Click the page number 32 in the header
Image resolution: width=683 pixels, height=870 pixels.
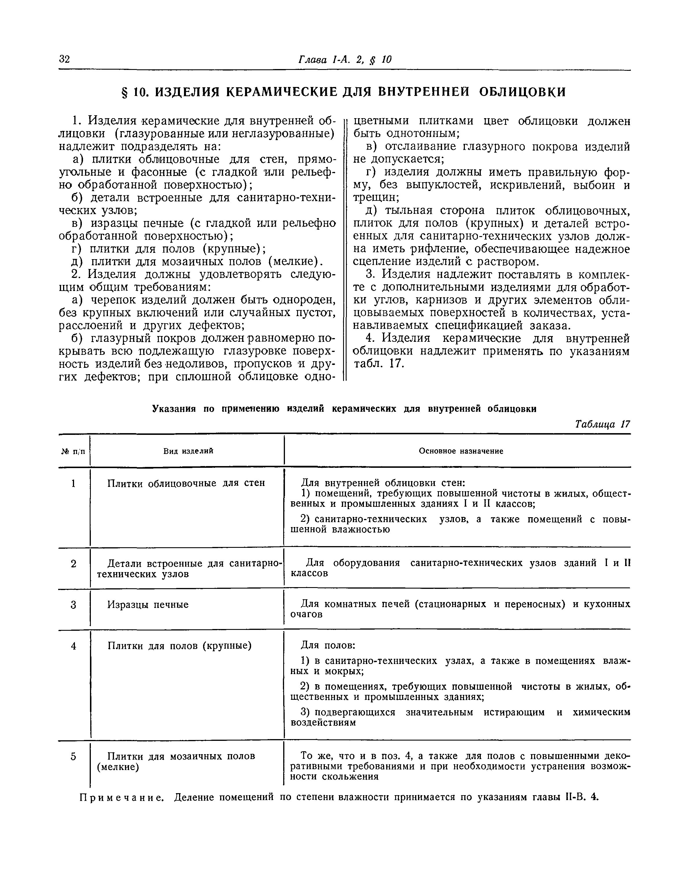(65, 60)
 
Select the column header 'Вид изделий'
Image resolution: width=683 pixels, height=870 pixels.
(188, 451)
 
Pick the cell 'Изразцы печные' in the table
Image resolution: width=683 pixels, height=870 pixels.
(148, 605)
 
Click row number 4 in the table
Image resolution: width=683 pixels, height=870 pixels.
(73, 646)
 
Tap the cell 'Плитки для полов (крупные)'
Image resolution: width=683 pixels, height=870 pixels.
(180, 646)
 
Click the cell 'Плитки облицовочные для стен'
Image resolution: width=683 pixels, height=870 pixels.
(186, 483)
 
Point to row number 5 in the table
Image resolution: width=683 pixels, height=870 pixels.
(73, 756)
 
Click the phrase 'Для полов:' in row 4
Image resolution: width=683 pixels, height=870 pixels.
(328, 645)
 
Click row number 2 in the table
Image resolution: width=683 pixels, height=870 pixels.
(73, 564)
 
